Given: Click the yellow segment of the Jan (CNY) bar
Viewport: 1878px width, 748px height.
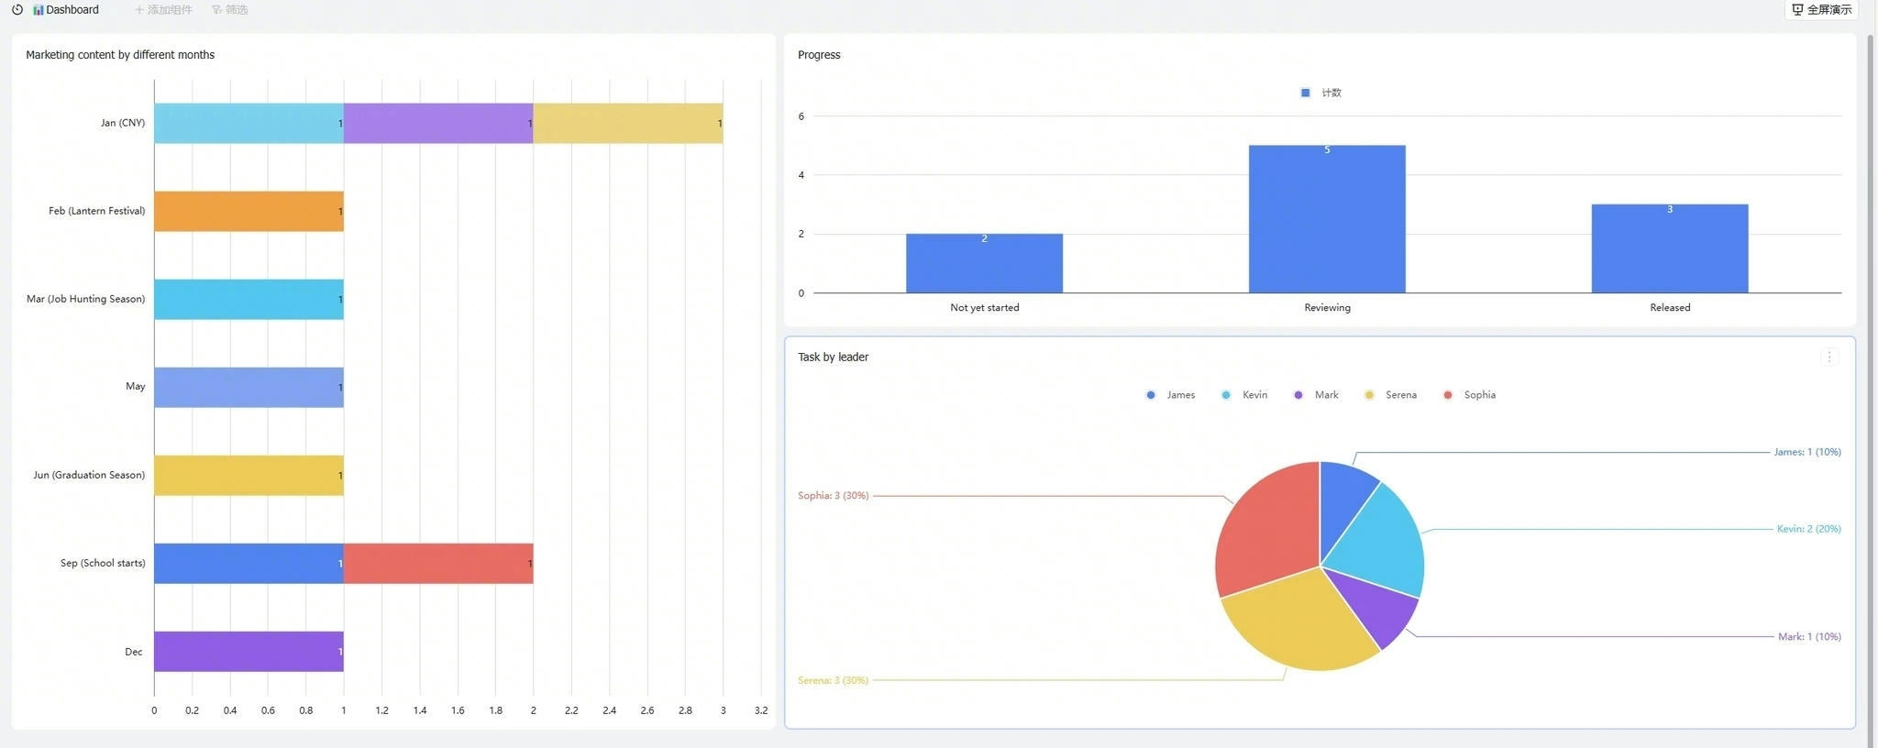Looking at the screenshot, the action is [x=628, y=123].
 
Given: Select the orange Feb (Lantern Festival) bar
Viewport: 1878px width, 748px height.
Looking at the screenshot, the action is [x=249, y=211].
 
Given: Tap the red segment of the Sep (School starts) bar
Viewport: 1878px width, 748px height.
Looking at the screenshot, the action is [x=438, y=563].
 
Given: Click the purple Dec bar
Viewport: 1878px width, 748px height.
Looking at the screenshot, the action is [x=249, y=651].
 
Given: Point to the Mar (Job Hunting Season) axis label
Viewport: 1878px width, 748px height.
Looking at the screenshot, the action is [x=85, y=299].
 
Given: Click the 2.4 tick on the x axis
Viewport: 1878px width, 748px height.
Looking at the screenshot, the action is [x=609, y=710].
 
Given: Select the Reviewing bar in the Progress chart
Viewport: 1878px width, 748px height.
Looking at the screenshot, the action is [x=1327, y=219].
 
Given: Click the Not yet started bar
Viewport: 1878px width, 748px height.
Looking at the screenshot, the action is [x=984, y=263].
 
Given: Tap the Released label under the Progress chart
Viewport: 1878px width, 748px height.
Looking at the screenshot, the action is [x=1670, y=308].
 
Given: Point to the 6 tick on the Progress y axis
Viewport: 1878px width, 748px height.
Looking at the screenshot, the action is [x=801, y=116].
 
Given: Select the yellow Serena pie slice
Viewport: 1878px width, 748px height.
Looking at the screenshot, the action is [x=1298, y=623].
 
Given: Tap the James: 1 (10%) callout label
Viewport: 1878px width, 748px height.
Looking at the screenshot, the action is [x=1806, y=452].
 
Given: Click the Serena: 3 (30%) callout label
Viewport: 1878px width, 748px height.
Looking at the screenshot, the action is [x=833, y=680].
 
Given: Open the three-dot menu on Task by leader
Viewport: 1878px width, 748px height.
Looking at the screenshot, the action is [x=1829, y=357].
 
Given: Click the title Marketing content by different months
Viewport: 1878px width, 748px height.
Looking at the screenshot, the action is [x=120, y=55].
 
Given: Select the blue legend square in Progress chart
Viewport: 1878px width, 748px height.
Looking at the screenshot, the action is [x=1306, y=93].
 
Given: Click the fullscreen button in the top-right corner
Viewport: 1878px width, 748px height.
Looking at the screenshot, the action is [x=1821, y=10].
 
